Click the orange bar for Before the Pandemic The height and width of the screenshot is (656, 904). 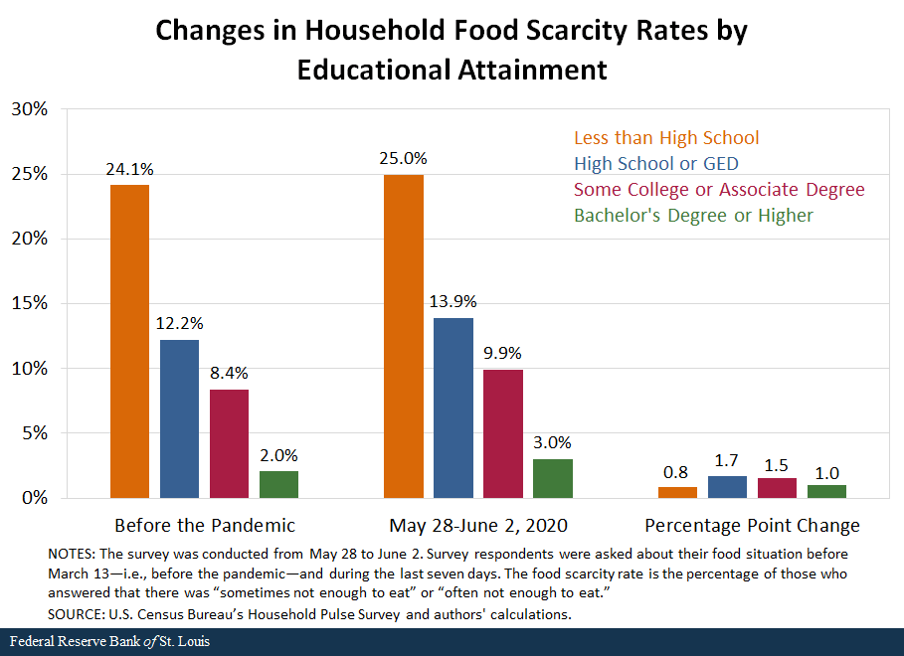[x=129, y=341]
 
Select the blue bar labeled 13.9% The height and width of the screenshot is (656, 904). [x=452, y=408]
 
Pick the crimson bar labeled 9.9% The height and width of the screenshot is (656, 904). [x=502, y=433]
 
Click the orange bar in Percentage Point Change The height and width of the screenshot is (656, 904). [x=677, y=492]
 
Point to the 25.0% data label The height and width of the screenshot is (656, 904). [x=403, y=158]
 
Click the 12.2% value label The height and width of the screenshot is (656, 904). [x=179, y=324]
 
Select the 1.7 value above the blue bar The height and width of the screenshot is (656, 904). [x=727, y=460]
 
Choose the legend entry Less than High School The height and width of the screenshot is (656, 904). [x=665, y=138]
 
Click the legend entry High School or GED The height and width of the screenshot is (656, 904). [x=655, y=164]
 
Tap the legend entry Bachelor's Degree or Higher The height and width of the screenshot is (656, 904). [x=693, y=216]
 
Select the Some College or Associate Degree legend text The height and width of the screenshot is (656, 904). [x=718, y=190]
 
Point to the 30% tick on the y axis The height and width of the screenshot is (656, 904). [x=29, y=109]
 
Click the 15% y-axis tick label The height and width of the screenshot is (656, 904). [x=29, y=303]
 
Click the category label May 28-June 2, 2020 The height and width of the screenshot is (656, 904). [x=477, y=525]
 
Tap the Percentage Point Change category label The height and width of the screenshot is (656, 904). [x=752, y=525]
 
